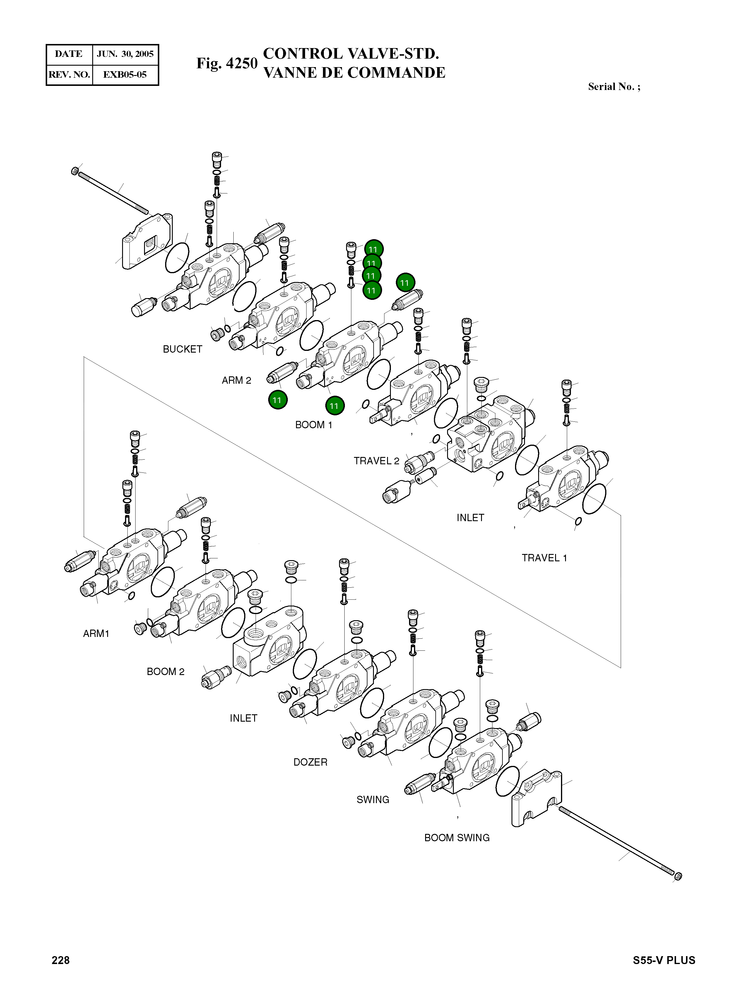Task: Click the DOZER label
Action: tap(310, 762)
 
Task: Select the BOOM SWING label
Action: tap(457, 837)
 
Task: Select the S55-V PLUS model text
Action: tap(664, 960)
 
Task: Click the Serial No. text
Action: tap(614, 86)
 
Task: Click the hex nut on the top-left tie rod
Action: tap(75, 171)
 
